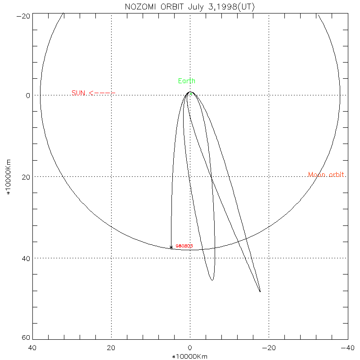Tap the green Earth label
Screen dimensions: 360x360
click(187, 81)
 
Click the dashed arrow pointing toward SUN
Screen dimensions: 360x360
click(103, 93)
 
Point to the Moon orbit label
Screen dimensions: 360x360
click(327, 175)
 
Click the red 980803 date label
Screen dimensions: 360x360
click(184, 246)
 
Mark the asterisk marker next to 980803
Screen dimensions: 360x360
click(171, 247)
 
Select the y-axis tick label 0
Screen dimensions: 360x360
click(27, 95)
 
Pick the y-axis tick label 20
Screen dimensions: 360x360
click(25, 177)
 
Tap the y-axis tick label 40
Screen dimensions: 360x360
click(25, 258)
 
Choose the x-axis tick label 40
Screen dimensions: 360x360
click(32, 348)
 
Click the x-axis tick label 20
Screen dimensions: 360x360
click(111, 348)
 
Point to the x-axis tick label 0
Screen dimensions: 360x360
click(190, 348)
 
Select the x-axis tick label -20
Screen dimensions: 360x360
click(269, 348)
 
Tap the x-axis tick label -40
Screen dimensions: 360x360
click(347, 348)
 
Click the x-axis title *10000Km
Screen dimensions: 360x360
click(190, 356)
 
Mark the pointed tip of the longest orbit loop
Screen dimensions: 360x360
click(260, 292)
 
